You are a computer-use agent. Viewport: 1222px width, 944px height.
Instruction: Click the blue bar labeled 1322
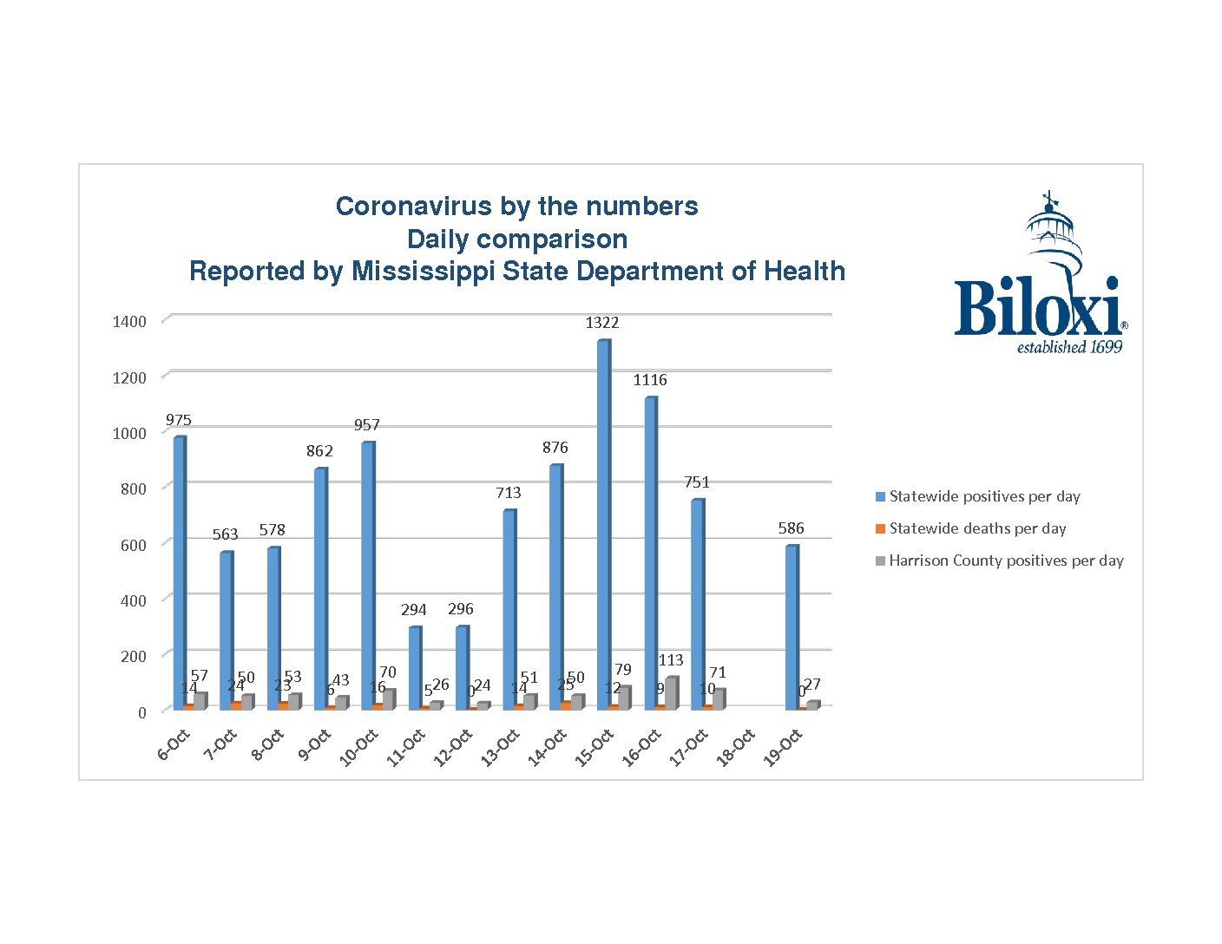(603, 525)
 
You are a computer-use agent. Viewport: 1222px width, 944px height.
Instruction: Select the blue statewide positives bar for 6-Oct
(179, 573)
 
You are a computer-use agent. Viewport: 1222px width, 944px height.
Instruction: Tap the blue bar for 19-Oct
(791, 627)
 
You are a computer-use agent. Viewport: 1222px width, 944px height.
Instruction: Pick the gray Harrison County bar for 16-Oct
(671, 693)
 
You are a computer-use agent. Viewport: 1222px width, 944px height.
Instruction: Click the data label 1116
(650, 380)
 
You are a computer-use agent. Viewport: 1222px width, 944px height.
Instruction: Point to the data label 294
(413, 610)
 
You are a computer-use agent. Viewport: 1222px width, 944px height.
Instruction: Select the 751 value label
(696, 482)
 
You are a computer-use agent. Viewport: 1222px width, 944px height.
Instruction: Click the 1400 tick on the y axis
(129, 322)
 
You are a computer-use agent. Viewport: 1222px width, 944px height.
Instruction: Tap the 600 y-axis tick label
(133, 545)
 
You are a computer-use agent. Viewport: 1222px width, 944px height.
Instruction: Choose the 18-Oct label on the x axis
(735, 748)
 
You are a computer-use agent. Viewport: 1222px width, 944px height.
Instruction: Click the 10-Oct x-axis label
(358, 748)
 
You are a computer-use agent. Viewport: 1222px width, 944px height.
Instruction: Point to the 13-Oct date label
(500, 748)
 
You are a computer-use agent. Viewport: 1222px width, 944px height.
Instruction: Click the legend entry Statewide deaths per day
(977, 528)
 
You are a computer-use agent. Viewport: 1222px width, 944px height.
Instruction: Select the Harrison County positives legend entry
(1006, 560)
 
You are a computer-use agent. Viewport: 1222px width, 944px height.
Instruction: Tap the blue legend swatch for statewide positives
(880, 497)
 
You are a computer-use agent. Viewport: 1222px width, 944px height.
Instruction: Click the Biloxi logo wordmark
(1037, 307)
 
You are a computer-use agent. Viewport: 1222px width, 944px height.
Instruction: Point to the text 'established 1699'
(1069, 348)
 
